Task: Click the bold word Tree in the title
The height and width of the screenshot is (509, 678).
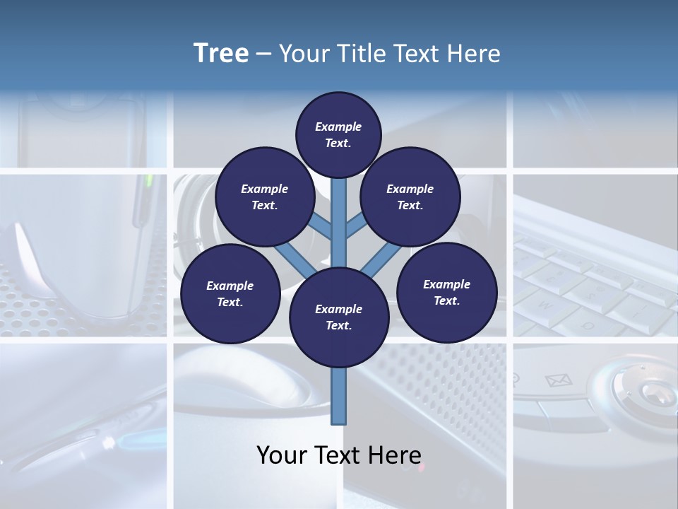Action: tap(221, 54)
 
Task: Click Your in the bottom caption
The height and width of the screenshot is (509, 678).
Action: tap(281, 455)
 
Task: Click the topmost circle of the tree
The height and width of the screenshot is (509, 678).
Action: tap(338, 134)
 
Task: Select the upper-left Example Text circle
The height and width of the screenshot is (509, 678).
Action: tap(264, 197)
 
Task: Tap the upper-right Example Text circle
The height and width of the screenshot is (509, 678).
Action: tap(410, 197)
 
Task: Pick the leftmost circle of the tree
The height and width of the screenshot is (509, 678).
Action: tap(230, 293)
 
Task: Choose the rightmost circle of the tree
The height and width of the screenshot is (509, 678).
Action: tap(446, 292)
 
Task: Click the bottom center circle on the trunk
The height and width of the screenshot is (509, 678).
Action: tap(338, 317)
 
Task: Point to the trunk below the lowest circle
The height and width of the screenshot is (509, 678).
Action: tap(339, 396)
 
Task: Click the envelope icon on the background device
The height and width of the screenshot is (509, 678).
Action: tap(558, 380)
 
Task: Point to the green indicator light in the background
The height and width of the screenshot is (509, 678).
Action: tap(149, 182)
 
